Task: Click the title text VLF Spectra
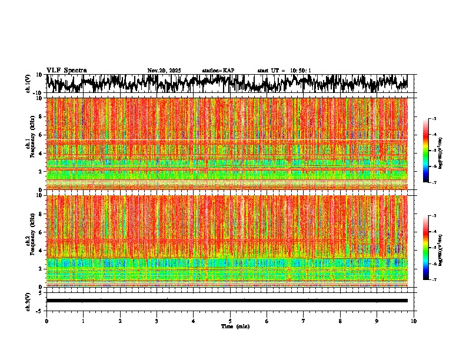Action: (x=66, y=71)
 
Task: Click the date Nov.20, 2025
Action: (x=164, y=71)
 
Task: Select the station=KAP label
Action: (x=218, y=71)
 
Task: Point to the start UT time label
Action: (x=284, y=71)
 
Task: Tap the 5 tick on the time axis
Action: (x=230, y=321)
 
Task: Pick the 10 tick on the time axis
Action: (x=414, y=321)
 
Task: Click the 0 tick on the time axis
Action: (x=46, y=321)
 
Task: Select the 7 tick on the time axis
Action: (x=304, y=321)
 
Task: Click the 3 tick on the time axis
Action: (x=157, y=321)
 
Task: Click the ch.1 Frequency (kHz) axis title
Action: (x=30, y=144)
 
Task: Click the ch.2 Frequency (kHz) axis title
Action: (x=30, y=241)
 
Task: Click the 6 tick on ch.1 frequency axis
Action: (x=40, y=135)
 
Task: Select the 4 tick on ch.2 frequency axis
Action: (x=40, y=251)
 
